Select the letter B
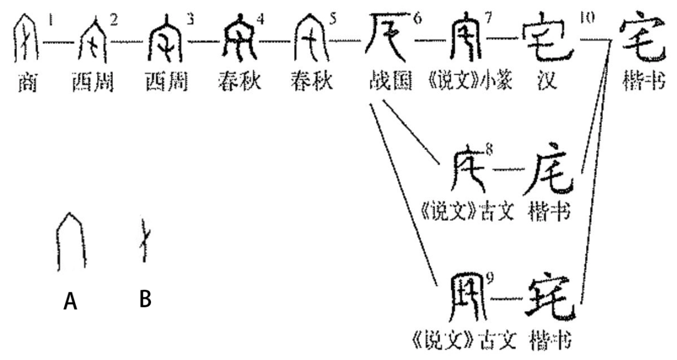145,299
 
